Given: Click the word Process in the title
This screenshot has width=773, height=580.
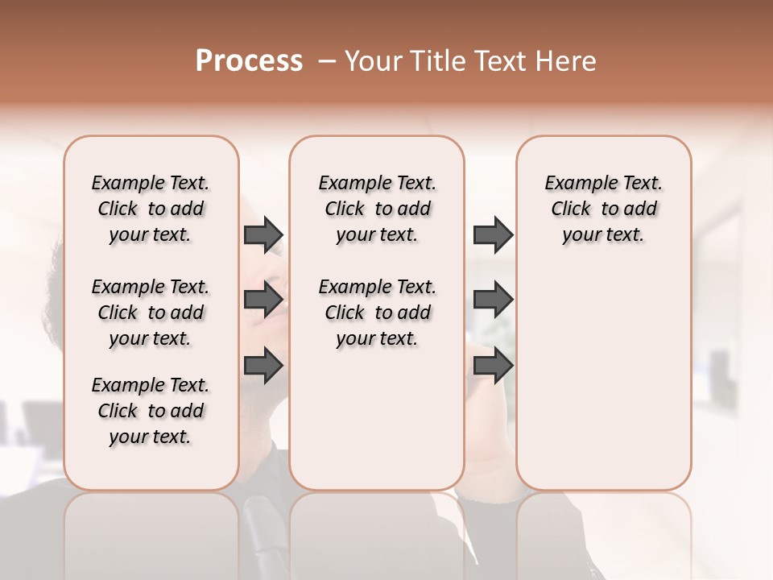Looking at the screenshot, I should [249, 61].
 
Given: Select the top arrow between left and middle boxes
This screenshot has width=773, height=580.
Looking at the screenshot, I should [263, 234].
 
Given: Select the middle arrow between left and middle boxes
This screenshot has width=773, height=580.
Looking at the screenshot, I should [263, 300].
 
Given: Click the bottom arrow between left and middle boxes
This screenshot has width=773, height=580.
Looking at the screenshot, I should [263, 365].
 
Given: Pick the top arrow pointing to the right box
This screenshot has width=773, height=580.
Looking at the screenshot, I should [493, 234].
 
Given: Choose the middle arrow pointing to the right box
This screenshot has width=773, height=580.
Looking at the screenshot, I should [493, 300].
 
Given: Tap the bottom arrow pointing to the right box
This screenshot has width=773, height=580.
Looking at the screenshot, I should [493, 365].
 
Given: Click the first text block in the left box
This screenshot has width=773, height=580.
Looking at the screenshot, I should [151, 209].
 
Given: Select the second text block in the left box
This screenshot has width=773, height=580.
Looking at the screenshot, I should [151, 313].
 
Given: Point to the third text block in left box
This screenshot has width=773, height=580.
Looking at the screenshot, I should [151, 411].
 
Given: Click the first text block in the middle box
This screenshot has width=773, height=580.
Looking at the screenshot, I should [377, 209].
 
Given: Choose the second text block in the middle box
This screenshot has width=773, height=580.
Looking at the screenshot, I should [377, 313].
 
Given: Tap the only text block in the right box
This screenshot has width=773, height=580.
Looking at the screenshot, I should [603, 209].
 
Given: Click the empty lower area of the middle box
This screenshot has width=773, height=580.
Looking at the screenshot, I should [377, 419].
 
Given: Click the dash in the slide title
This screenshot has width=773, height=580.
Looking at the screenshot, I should [327, 61].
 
